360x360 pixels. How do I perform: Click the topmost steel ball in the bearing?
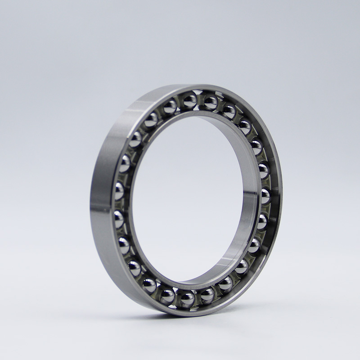coord(189,101)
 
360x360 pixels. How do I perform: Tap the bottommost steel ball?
coord(187,299)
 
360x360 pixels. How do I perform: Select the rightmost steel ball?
coord(266,195)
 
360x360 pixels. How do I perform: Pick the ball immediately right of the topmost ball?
coord(210,102)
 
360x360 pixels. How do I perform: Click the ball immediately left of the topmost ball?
coord(170,107)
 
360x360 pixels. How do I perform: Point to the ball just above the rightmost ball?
coord(264,170)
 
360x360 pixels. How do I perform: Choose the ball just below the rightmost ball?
coord(262,221)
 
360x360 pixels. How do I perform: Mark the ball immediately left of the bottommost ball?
coord(167,295)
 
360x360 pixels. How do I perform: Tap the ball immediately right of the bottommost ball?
coord(207,295)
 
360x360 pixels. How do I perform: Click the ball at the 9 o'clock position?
coord(119,191)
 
